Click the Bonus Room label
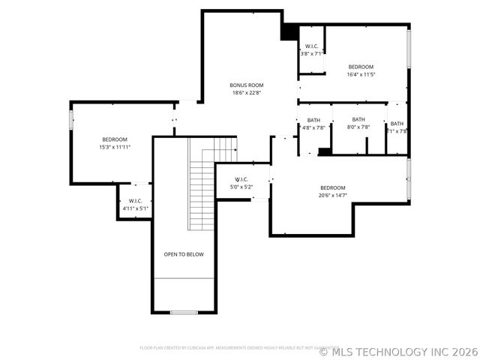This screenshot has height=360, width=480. (x=246, y=85)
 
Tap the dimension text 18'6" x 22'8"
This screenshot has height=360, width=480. (x=246, y=92)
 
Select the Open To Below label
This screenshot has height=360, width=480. (x=184, y=254)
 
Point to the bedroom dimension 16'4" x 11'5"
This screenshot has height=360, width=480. (x=360, y=74)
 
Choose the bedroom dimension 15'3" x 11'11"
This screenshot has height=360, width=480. (x=115, y=147)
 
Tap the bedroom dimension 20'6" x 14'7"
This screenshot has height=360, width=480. (x=333, y=195)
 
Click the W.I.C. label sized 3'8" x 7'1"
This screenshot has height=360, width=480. (x=311, y=46)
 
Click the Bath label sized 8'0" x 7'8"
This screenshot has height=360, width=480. (x=358, y=119)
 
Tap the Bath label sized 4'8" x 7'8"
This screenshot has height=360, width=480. (x=313, y=120)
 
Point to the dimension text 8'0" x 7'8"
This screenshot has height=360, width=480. (x=358, y=127)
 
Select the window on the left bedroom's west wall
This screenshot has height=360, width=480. (x=71, y=120)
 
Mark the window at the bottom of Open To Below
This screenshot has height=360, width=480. (x=184, y=312)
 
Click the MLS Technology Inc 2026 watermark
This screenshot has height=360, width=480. (x=398, y=351)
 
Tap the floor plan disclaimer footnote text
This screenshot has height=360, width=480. (x=229, y=348)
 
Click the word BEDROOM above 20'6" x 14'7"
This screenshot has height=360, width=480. (x=333, y=187)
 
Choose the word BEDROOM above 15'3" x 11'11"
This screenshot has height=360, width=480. (x=115, y=139)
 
